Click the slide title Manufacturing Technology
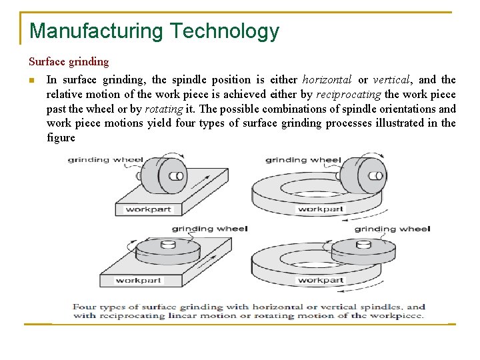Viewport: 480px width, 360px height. pos(154,31)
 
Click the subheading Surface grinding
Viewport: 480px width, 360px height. pos(69,62)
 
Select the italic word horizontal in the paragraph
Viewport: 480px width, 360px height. pos(327,80)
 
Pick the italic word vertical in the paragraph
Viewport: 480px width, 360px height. pos(392,80)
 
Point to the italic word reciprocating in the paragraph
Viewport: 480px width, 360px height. pos(349,95)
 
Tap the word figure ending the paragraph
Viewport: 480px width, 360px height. pos(61,138)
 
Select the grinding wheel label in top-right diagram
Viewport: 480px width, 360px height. pos(303,160)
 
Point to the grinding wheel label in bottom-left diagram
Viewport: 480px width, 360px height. pos(209,229)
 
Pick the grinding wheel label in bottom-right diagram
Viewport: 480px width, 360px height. pos(392,229)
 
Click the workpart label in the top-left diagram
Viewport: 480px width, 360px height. pos(148,209)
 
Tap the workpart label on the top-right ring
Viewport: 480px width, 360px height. pos(321,209)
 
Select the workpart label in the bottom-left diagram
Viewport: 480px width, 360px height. pos(139,280)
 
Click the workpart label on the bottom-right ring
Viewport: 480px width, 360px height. pos(321,280)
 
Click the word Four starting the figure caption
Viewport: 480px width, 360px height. pos(85,307)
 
